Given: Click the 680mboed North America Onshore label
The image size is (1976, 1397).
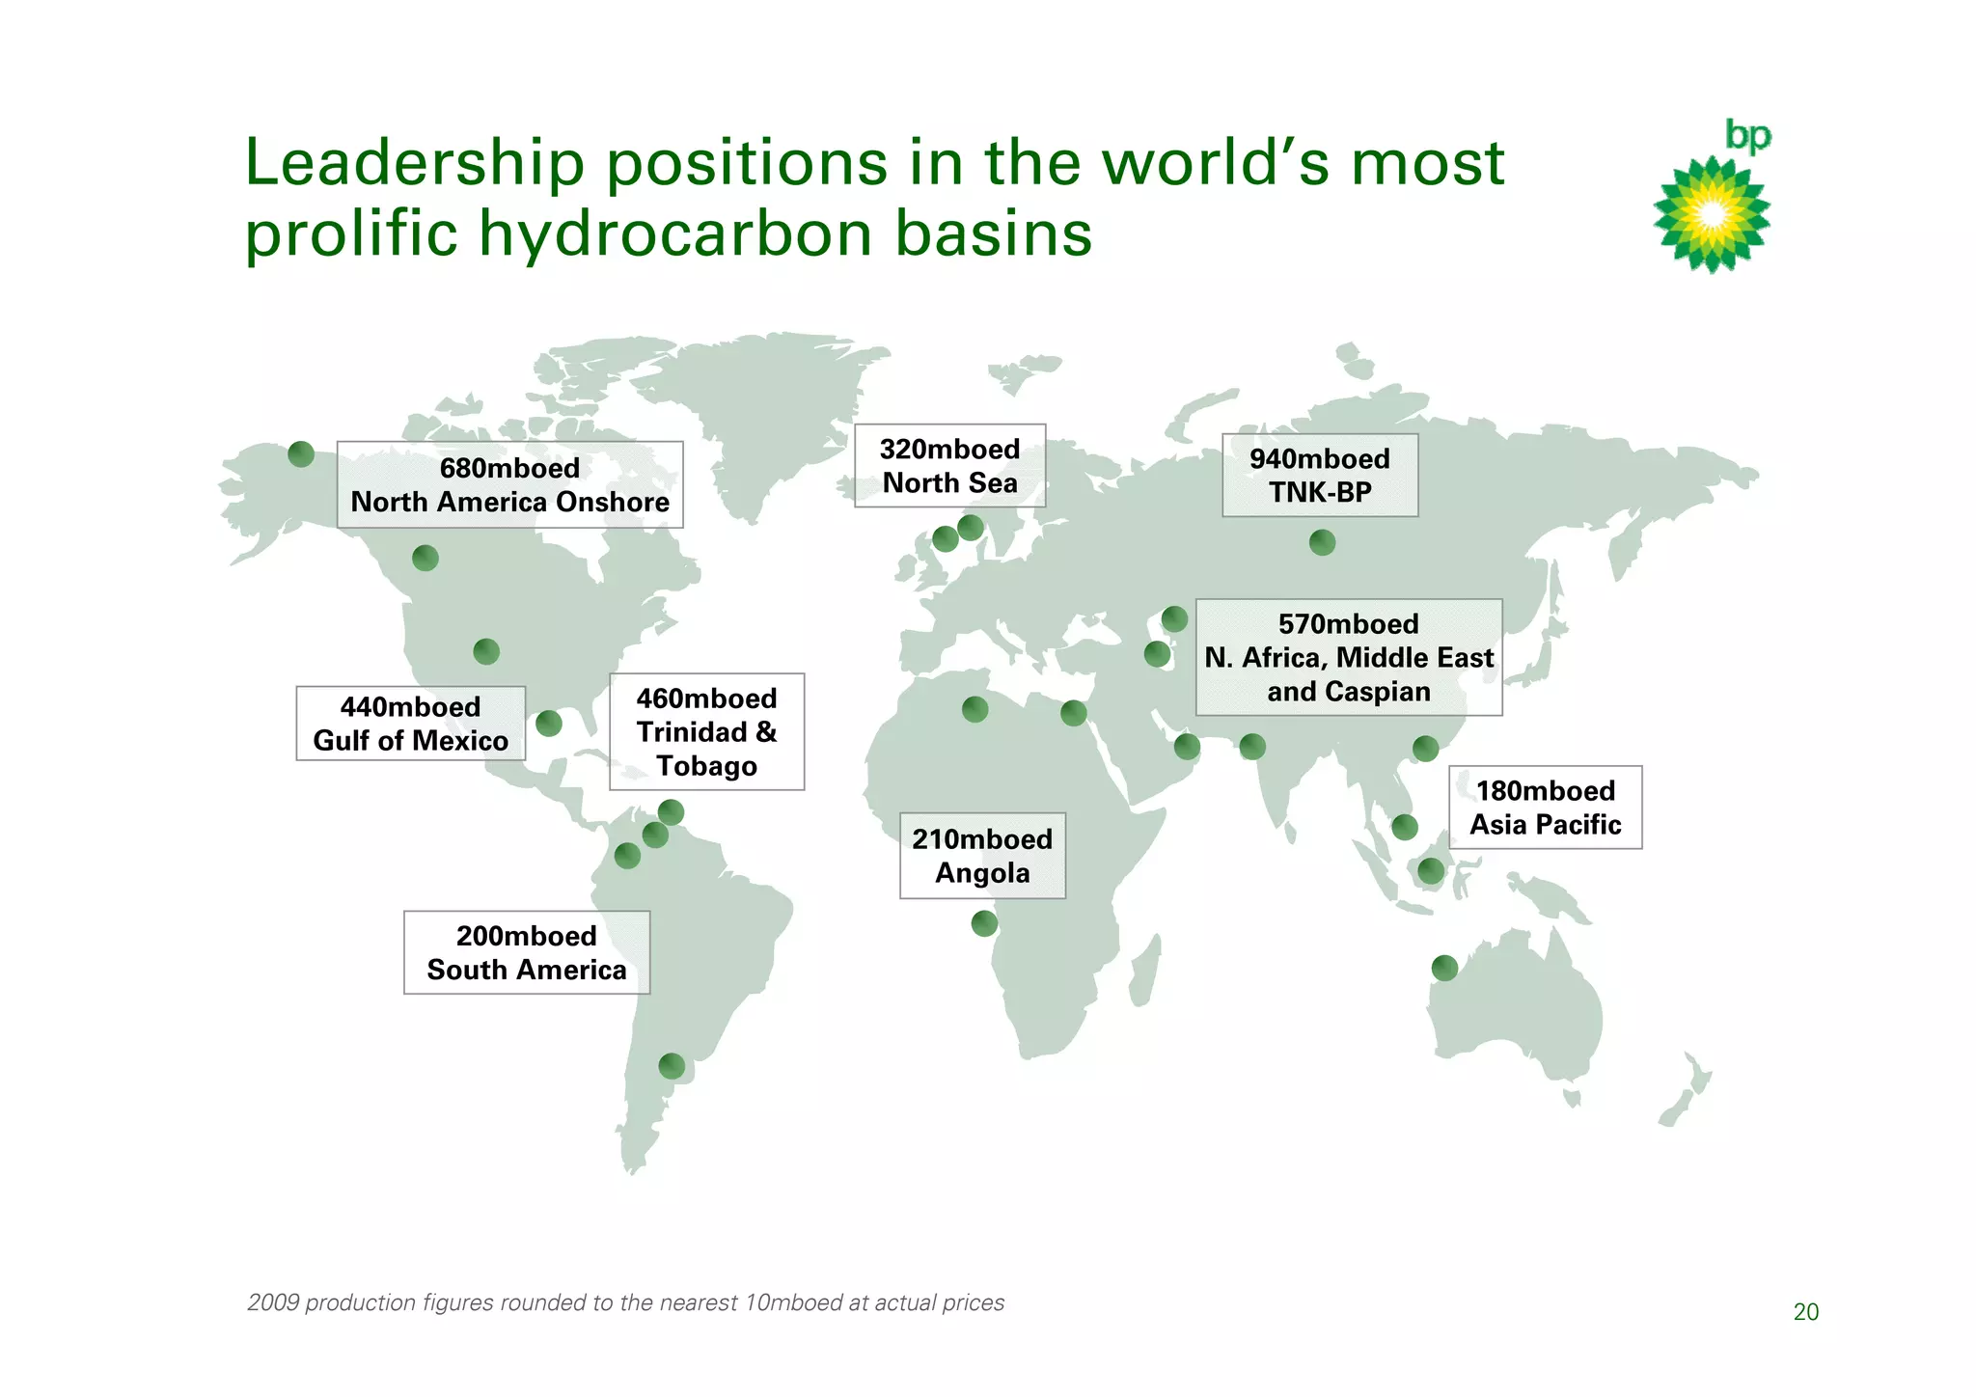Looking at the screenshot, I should (x=509, y=484).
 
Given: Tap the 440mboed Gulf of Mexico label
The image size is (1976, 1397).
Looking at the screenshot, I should (x=410, y=724).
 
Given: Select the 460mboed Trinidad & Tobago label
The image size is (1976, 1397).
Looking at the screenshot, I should (x=706, y=731).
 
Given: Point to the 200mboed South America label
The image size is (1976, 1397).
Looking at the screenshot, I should (x=526, y=952).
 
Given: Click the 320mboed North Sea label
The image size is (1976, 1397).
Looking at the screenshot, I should (x=949, y=465).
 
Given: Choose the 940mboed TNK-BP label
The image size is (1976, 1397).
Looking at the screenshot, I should (x=1319, y=475).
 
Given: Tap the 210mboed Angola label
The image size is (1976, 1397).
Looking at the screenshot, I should (x=982, y=856).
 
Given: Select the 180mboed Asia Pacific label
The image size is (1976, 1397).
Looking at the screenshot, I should (x=1545, y=808).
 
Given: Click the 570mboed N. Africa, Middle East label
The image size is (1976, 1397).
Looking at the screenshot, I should (x=1348, y=657).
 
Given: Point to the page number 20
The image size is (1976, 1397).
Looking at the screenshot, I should (x=1805, y=1312).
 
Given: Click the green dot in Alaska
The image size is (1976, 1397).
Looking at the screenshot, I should (x=301, y=453).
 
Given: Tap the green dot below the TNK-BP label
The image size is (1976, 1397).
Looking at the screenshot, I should (x=1322, y=542).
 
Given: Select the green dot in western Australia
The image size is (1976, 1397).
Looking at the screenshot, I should (x=1444, y=968).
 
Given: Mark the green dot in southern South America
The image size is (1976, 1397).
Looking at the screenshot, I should (x=672, y=1066).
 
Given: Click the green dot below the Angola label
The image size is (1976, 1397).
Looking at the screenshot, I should (x=984, y=923).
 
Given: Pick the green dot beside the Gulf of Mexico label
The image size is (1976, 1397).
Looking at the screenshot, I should (x=549, y=724).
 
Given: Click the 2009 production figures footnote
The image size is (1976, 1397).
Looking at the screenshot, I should (x=625, y=1302).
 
